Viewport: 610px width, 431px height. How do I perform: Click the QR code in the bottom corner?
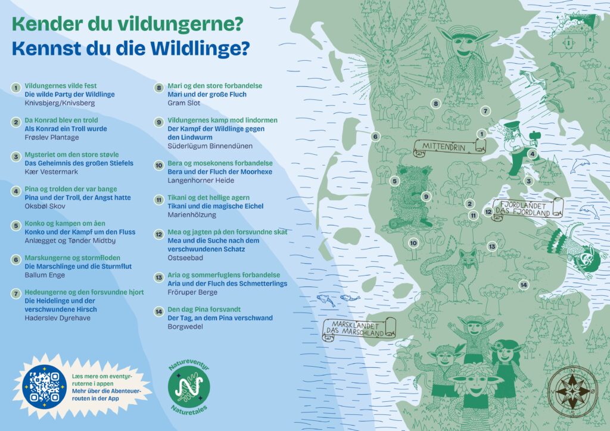click(x=44, y=386)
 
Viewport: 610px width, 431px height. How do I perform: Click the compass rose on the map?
click(x=570, y=391)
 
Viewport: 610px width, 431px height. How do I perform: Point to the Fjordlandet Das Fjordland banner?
click(x=525, y=208)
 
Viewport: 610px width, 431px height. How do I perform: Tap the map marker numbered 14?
click(x=524, y=285)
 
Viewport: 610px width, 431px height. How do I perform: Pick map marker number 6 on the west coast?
click(x=375, y=136)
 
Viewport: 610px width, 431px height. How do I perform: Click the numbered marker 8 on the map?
click(x=435, y=104)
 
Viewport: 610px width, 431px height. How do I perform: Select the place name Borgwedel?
click(x=186, y=326)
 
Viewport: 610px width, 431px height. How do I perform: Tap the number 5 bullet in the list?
click(x=16, y=225)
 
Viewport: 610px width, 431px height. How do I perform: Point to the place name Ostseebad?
click(x=185, y=258)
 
